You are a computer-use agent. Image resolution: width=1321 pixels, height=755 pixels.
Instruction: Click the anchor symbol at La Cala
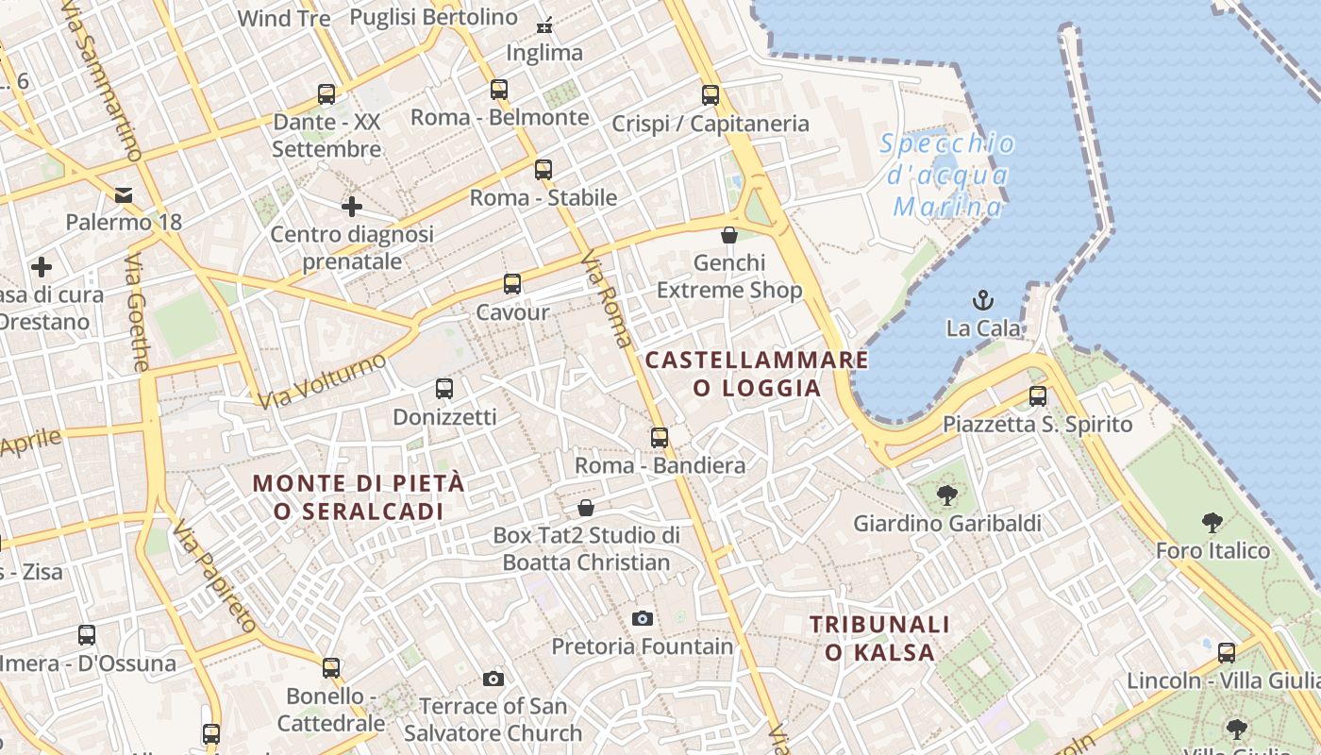(983, 301)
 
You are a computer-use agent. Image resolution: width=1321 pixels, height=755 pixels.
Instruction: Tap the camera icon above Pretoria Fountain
(643, 618)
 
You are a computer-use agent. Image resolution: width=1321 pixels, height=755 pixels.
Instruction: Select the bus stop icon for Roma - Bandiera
(660, 438)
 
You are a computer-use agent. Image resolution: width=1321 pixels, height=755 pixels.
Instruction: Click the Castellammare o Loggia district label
(756, 374)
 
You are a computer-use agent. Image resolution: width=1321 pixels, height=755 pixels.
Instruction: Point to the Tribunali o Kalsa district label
(879, 638)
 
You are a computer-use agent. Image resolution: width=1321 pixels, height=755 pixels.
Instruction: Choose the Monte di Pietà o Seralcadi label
(359, 497)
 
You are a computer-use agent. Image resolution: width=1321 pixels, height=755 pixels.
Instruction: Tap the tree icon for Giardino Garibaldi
(946, 495)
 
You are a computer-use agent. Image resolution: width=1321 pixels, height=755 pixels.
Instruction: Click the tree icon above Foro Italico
(1212, 523)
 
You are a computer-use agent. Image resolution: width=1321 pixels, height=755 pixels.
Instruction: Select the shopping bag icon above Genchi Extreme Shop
(729, 235)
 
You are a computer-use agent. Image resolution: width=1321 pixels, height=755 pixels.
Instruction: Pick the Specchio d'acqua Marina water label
(947, 176)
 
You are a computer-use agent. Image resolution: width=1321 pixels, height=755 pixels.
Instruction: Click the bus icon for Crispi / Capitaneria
(711, 95)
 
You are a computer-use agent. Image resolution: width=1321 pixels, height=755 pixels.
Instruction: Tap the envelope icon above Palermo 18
(124, 195)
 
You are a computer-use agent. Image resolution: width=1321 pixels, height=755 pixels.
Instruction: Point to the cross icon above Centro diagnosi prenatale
(352, 207)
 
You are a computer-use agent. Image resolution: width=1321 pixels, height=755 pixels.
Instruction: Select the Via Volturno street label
(322, 380)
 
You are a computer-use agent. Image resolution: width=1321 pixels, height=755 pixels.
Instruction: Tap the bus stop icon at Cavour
(512, 284)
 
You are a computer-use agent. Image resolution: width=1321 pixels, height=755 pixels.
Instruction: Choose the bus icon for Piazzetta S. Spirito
(1038, 396)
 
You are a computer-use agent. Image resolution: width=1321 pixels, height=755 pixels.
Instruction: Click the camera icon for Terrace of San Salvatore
(493, 679)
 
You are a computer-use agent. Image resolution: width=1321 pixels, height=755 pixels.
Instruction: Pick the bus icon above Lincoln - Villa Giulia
(1227, 652)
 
